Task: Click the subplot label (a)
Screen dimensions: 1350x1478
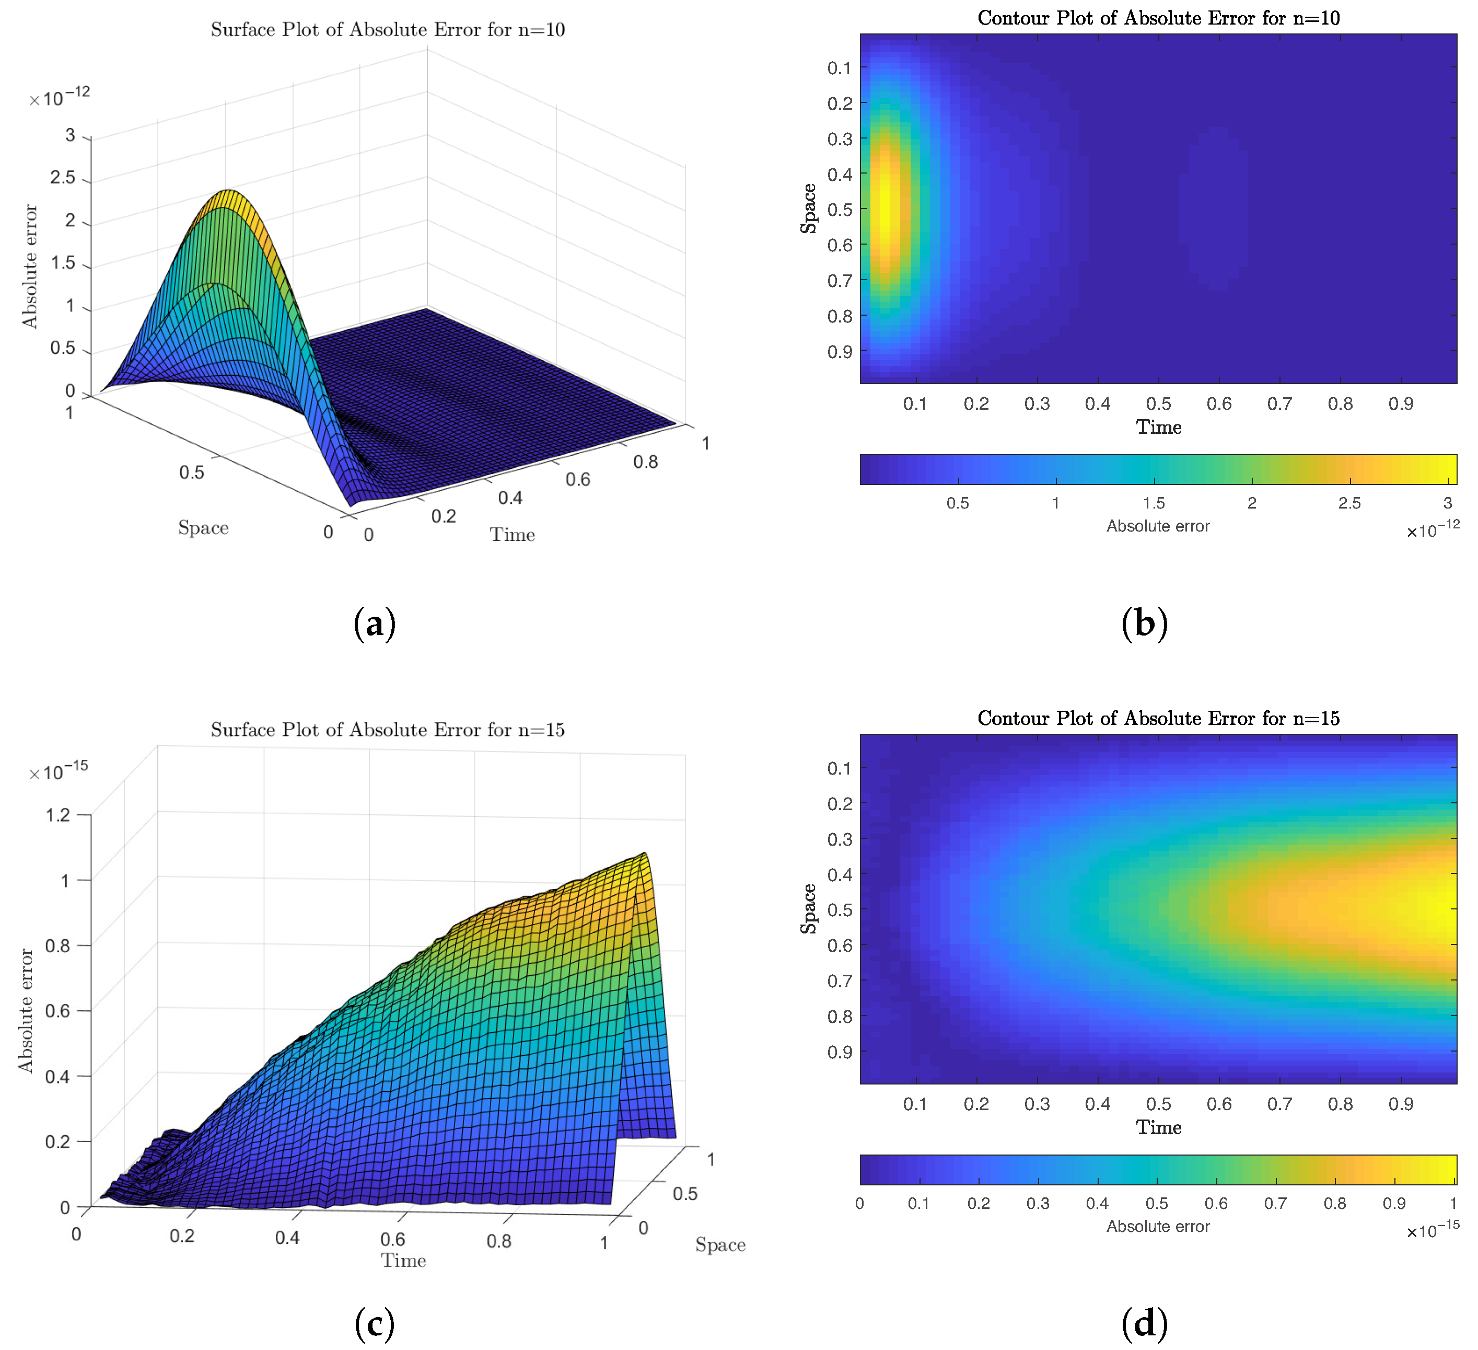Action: (375, 624)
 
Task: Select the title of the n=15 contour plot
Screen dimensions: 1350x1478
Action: (1158, 719)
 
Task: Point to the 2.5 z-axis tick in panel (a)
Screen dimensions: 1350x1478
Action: (63, 178)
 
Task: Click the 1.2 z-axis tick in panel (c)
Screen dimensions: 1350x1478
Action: (58, 815)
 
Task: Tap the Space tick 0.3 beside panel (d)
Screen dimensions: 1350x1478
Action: (840, 839)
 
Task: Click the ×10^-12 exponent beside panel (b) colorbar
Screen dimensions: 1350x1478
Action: (1433, 529)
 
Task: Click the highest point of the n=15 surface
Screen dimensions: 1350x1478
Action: (644, 855)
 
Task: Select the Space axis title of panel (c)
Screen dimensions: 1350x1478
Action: (720, 1245)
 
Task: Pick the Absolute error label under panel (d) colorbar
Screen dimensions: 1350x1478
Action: (1158, 1226)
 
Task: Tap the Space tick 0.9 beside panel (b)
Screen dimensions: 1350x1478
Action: (840, 352)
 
